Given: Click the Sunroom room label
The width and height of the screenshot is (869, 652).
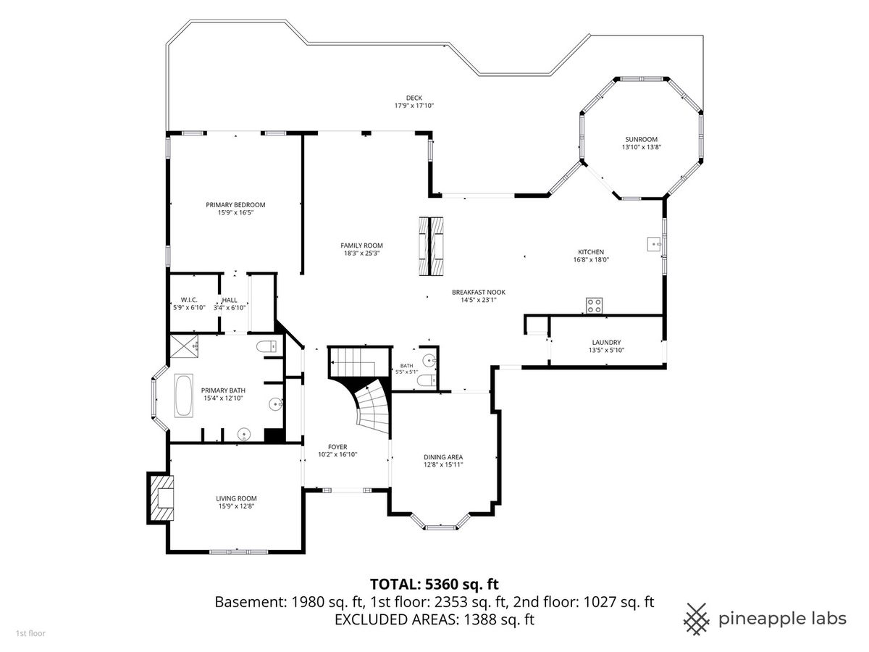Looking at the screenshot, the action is pos(641,139).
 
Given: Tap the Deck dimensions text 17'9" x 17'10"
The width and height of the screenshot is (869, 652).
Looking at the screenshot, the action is pos(414,106).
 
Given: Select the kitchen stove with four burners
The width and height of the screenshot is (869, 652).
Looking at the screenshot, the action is pos(594,305).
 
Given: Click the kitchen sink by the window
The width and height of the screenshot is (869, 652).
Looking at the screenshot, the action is pos(655,244).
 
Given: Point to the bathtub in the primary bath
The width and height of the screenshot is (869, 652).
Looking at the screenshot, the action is pos(184,396).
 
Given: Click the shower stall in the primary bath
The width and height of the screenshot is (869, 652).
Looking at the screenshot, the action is pos(184,346).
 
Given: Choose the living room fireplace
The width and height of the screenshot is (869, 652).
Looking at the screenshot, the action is pos(161,498).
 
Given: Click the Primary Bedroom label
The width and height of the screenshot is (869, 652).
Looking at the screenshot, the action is pos(235,205).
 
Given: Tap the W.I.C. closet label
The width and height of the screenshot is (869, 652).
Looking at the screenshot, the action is pos(189,300).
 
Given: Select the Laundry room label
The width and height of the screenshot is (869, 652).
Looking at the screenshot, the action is pos(606,342).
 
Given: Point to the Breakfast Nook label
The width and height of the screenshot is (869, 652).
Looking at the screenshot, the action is pos(478,292).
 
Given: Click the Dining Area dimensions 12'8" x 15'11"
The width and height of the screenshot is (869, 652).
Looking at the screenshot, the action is pos(443,465).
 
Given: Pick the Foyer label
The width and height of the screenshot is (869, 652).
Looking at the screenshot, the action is pos(337,446).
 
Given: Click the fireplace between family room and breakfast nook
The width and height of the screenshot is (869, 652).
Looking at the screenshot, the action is pos(431,246).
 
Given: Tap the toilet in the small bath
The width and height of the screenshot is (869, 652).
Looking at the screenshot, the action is pos(426,380).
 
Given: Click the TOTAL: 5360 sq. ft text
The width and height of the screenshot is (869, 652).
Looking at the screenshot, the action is pos(434,584).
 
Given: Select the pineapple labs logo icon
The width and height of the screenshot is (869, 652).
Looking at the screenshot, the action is pos(697,619).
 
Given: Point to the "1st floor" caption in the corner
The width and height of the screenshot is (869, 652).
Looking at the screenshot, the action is pos(30,633).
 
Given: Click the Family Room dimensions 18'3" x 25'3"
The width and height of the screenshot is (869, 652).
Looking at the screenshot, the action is pos(361,254).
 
